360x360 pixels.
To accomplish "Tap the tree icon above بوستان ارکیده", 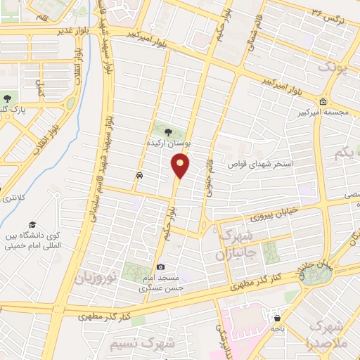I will pos(168,131).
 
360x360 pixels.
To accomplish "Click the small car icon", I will pos(139,174).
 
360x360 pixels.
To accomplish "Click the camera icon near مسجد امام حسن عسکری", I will pos(161,266).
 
